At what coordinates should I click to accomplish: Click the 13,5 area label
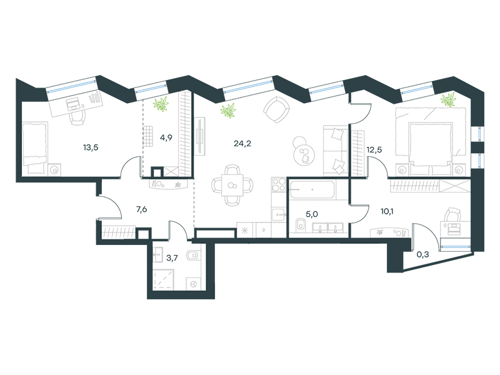point(91,147)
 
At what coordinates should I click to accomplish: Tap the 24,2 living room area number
point(242,144)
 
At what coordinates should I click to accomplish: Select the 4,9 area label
point(166,137)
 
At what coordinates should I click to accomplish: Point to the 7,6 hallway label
point(142,209)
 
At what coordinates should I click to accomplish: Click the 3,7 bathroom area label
point(172,258)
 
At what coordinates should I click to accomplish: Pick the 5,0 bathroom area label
point(311,214)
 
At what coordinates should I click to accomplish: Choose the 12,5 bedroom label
point(374,150)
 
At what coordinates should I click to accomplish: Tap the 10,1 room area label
point(387,211)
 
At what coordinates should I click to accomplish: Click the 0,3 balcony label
point(423,254)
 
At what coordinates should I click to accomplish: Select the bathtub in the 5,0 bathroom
point(312,190)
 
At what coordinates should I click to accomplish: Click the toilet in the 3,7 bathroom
point(193,256)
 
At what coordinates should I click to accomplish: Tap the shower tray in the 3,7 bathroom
point(164,279)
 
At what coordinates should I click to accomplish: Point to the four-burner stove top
point(278,185)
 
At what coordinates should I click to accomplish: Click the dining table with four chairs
point(232,185)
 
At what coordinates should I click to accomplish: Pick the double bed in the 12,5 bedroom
point(431,141)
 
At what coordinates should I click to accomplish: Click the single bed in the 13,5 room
point(35,148)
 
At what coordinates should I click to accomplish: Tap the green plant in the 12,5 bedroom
point(448,99)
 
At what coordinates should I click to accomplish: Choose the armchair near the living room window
point(276,110)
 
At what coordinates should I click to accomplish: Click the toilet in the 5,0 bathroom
point(300,224)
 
